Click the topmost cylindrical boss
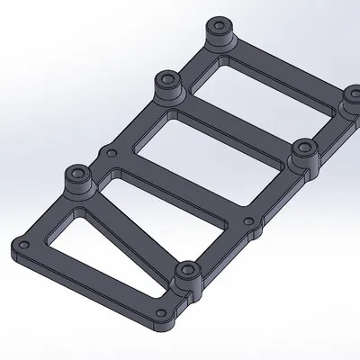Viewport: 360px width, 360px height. pyautogui.click(x=218, y=34)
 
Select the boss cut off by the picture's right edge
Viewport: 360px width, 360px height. pyautogui.click(x=353, y=101)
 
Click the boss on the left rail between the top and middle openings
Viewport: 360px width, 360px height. pyautogui.click(x=168, y=88)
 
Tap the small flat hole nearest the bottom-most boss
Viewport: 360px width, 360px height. pyautogui.click(x=163, y=312)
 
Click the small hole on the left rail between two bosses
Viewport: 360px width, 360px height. pyautogui.click(x=112, y=153)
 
